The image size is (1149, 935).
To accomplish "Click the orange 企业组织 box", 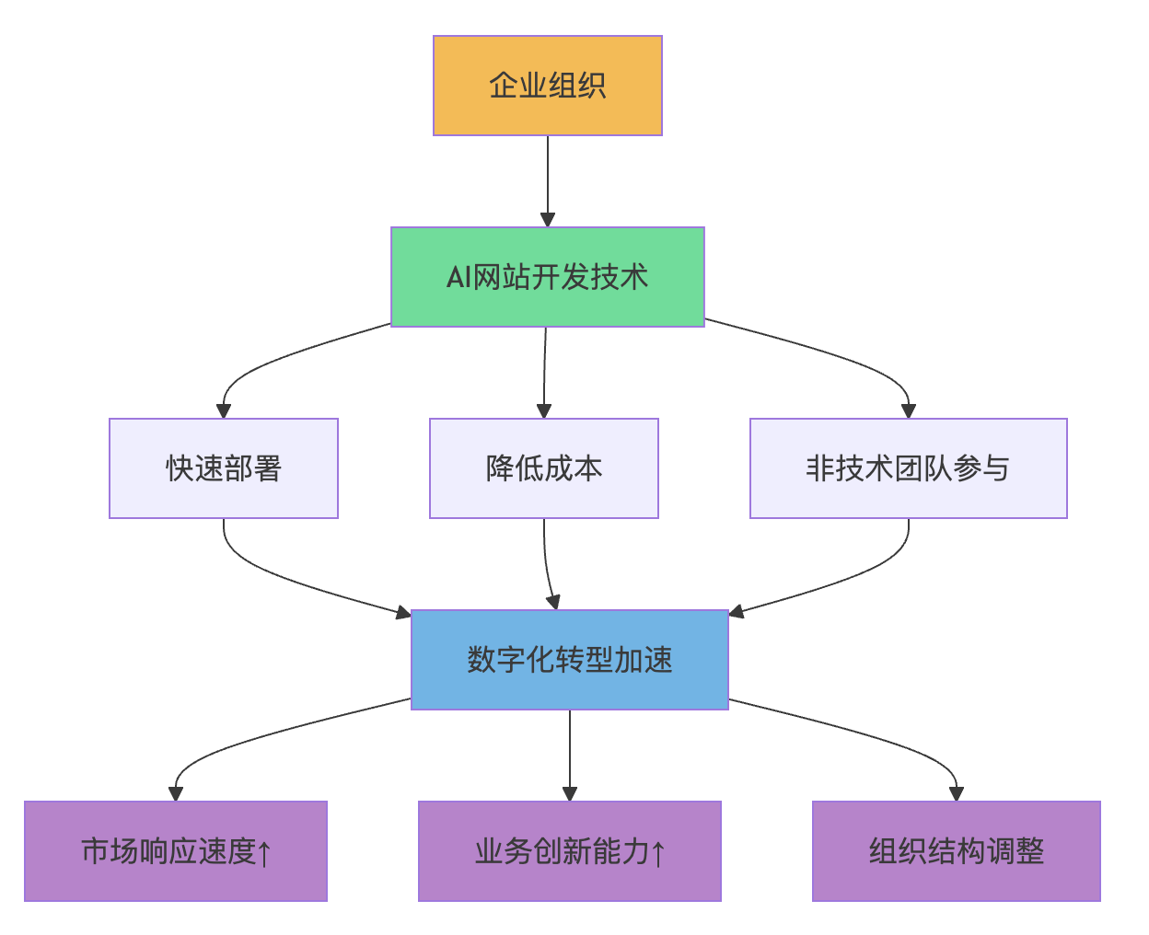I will pyautogui.click(x=547, y=86).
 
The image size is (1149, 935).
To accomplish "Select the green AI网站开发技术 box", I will pyautogui.click(x=547, y=277).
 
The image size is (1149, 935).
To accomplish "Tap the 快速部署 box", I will pyautogui.click(x=223, y=468).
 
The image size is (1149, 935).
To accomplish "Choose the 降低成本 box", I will pyautogui.click(x=543, y=468).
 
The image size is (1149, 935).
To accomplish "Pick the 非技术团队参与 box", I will pyautogui.click(x=908, y=468).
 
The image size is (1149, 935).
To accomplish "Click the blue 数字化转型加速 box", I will pyautogui.click(x=569, y=660).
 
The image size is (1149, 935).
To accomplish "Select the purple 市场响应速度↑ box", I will pyautogui.click(x=175, y=851).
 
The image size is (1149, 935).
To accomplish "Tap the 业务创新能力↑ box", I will pyautogui.click(x=569, y=851).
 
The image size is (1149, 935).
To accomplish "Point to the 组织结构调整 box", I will pyautogui.click(x=956, y=851).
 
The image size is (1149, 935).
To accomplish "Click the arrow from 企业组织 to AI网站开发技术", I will pyautogui.click(x=548, y=180).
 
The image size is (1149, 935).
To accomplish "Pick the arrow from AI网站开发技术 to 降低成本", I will pyautogui.click(x=545, y=373).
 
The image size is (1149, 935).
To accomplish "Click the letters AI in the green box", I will pyautogui.click(x=458, y=277).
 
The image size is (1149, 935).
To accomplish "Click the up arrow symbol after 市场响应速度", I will pyautogui.click(x=265, y=853).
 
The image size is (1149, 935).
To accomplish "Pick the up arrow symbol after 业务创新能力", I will pyautogui.click(x=658, y=853).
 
